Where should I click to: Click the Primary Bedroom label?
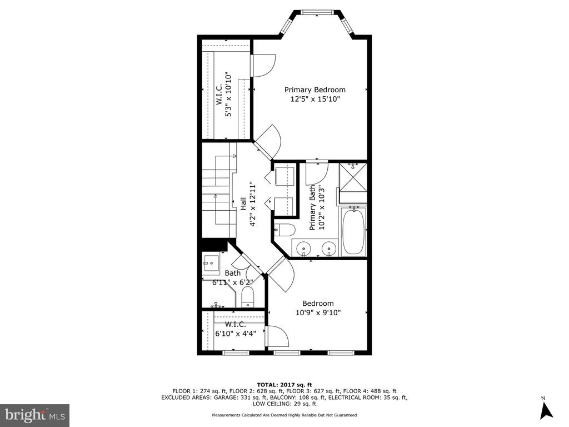click(315, 90)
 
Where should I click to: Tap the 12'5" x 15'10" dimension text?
click(315, 99)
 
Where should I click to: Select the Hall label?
click(243, 203)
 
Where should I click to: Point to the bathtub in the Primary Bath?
click(354, 232)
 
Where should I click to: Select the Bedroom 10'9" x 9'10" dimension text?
click(318, 312)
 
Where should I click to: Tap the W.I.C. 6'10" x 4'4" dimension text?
click(236, 334)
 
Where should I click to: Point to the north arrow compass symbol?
click(546, 410)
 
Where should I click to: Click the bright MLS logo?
click(35, 415)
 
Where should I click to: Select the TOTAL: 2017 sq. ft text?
click(284, 385)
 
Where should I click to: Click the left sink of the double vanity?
click(303, 249)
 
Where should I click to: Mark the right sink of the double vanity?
click(329, 249)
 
